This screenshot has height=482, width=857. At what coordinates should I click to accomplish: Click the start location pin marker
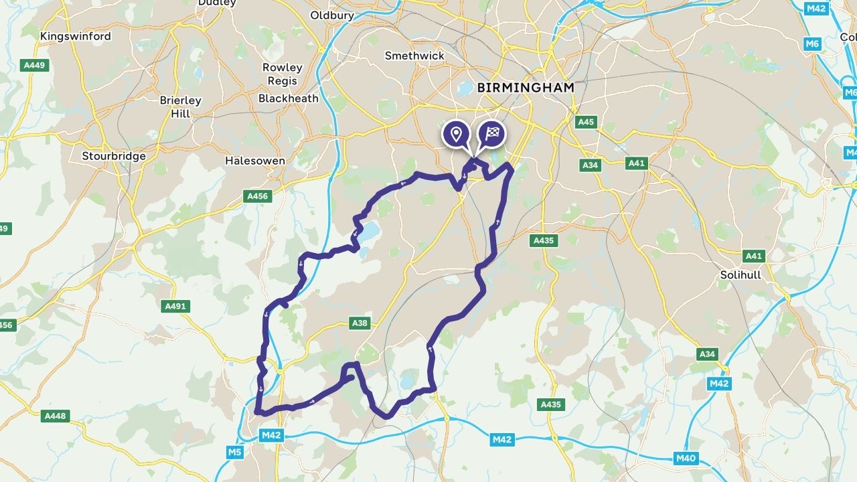coord(457,134)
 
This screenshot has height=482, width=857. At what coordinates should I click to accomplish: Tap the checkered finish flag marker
coord(491,134)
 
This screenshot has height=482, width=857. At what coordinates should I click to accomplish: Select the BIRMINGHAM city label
coord(526,87)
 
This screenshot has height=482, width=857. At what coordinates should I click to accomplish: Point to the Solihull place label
coord(741,274)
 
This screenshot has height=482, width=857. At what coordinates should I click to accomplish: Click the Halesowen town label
coord(254,161)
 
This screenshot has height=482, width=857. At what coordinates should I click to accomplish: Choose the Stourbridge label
coord(114,156)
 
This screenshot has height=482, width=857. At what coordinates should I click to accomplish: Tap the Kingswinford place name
coord(76,36)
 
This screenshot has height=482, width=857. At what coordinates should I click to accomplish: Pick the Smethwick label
coord(414,56)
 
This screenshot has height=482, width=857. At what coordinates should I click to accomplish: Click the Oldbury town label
coord(332,15)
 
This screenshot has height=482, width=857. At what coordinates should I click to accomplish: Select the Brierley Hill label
coord(180,106)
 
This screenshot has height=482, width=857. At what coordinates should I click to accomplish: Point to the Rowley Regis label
coord(282,74)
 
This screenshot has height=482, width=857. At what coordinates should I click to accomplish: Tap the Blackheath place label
coord(289,98)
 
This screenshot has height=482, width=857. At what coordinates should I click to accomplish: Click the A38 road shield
coord(360,323)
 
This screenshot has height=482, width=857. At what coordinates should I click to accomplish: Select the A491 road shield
coord(175,306)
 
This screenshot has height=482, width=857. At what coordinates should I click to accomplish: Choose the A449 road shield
coord(34,65)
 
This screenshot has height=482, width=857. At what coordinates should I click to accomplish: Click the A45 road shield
coord(586,122)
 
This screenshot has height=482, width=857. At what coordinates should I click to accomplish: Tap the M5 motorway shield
coord(234,453)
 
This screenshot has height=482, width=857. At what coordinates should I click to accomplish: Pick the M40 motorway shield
coord(686,458)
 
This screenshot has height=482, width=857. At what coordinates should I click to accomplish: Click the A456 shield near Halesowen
coord(258,196)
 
